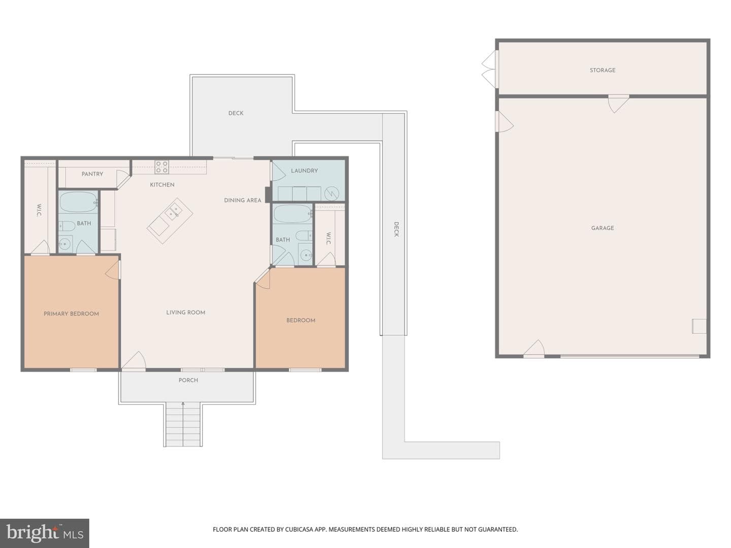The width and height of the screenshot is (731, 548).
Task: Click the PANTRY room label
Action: click(x=92, y=174)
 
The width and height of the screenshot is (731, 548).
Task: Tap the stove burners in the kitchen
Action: click(x=162, y=167)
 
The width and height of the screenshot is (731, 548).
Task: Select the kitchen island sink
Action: click(x=174, y=210)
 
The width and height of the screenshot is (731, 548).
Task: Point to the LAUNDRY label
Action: click(x=305, y=170)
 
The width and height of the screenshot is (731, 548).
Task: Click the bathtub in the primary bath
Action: click(x=78, y=202)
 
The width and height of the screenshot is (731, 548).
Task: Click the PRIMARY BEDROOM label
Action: click(x=71, y=314)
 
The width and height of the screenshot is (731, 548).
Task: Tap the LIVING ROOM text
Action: click(x=185, y=313)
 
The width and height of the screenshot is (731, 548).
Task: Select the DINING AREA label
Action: click(x=243, y=200)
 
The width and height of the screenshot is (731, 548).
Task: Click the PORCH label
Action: click(x=188, y=380)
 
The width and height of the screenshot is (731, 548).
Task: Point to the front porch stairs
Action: click(x=183, y=424)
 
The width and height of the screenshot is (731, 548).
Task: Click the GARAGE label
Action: click(x=603, y=228)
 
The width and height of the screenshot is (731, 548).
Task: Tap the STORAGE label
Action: click(x=603, y=70)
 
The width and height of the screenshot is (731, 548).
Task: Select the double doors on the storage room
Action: click(x=489, y=69)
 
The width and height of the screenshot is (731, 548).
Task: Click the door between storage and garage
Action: click(x=619, y=104)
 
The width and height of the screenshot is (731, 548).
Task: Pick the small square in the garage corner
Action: click(x=699, y=326)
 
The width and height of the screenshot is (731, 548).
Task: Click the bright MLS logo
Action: click(x=45, y=533)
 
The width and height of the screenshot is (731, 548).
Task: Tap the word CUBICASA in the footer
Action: click(x=298, y=529)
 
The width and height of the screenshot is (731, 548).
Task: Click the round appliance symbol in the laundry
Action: click(x=331, y=193)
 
